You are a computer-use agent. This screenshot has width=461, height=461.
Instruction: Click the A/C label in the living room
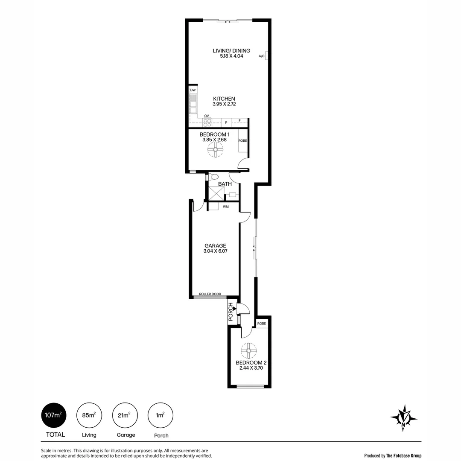pyautogui.click(x=261, y=56)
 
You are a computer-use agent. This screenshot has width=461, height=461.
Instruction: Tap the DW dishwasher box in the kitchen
pyautogui.click(x=193, y=90)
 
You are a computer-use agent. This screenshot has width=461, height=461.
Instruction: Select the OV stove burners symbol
pyautogui.click(x=207, y=123)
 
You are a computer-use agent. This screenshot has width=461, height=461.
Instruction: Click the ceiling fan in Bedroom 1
pyautogui.click(x=215, y=150)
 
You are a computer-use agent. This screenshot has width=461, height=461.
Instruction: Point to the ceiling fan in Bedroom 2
pyautogui.click(x=248, y=351)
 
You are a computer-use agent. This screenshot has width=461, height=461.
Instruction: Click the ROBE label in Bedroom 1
pyautogui.click(x=242, y=140)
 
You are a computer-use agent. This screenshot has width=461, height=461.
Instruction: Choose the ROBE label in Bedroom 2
pyautogui.click(x=262, y=324)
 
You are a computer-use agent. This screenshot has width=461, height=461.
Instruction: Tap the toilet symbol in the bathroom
pyautogui.click(x=213, y=176)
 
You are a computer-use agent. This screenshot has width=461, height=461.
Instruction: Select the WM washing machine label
pyautogui.click(x=226, y=207)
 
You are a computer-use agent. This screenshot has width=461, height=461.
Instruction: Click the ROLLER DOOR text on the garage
pyautogui.click(x=210, y=294)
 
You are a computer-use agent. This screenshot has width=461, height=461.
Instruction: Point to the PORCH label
pyautogui.click(x=231, y=312)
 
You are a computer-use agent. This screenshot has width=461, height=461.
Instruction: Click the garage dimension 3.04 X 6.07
pyautogui.click(x=215, y=251)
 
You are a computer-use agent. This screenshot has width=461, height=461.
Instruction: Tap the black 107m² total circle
pyautogui.click(x=54, y=414)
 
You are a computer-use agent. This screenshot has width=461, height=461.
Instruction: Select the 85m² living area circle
pyautogui.click(x=89, y=414)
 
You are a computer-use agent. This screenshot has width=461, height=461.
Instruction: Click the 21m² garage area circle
pyautogui.click(x=125, y=414)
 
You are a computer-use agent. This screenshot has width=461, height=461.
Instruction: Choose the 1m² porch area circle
pyautogui.click(x=160, y=414)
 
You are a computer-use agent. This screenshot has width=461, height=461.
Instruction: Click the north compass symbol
pyautogui.click(x=403, y=417)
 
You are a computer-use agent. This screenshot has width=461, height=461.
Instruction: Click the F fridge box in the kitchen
pyautogui.click(x=240, y=121)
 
